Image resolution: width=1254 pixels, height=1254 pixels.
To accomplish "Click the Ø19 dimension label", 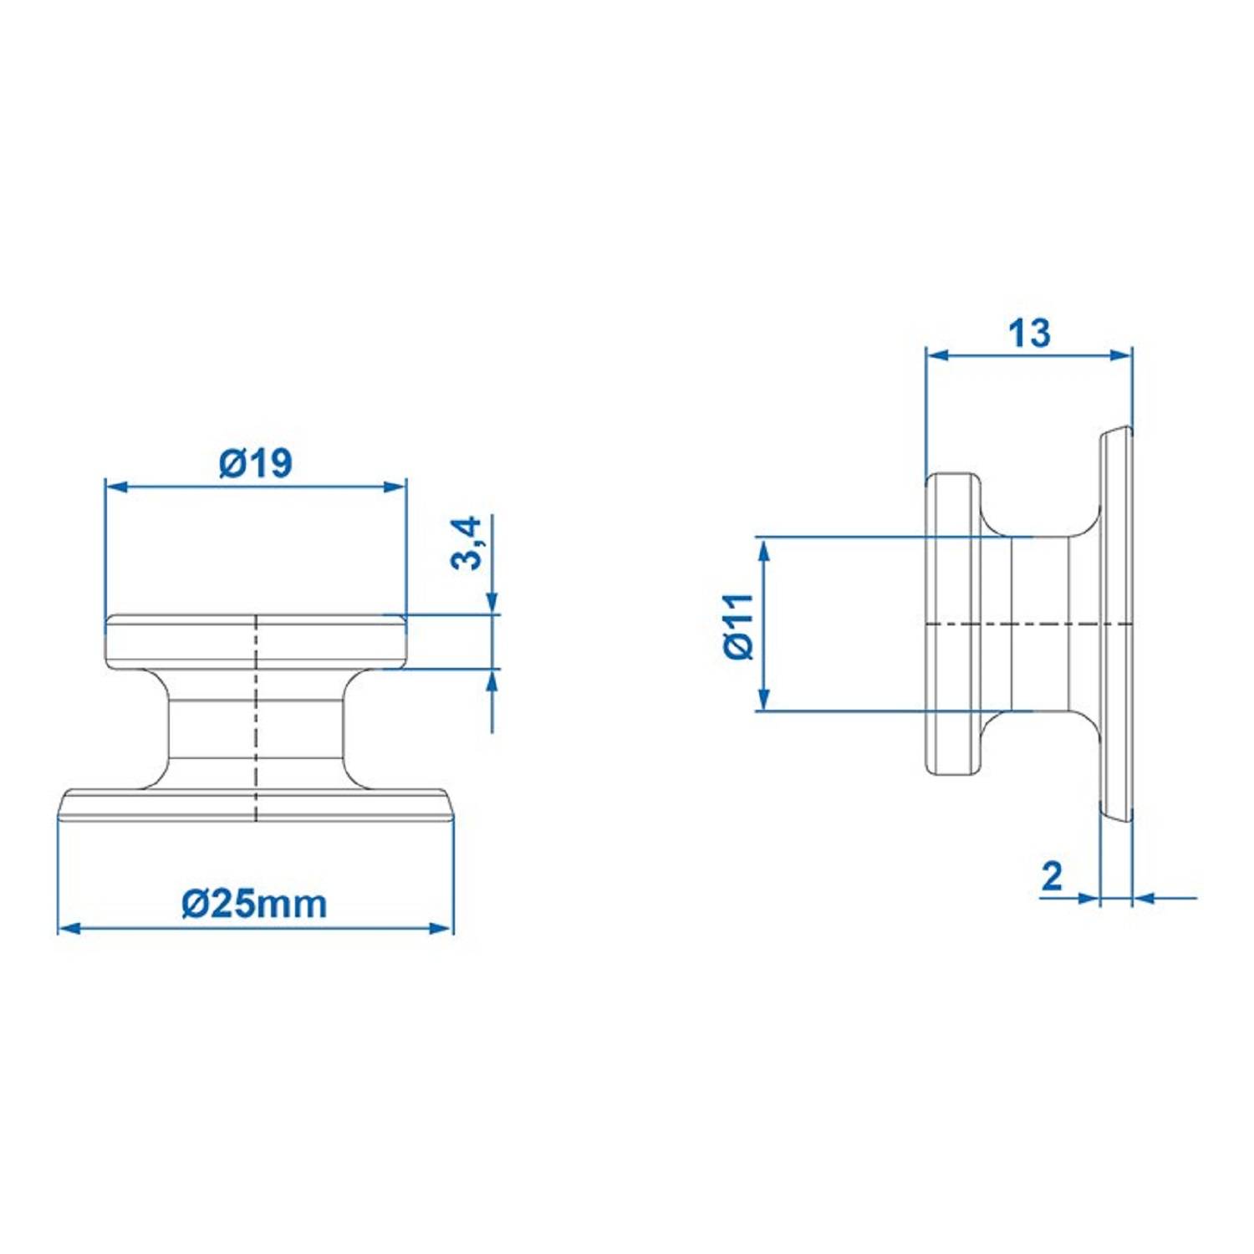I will [x=256, y=462].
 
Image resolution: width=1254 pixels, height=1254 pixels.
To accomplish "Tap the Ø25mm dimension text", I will [x=254, y=904].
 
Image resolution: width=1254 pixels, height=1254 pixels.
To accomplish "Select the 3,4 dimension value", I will [x=467, y=543].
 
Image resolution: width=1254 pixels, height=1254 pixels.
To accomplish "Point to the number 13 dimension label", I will [x=1028, y=333].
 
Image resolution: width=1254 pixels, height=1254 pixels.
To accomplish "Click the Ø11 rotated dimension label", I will [x=739, y=626].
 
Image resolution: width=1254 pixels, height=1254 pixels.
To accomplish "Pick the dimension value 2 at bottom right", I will [x=1052, y=875].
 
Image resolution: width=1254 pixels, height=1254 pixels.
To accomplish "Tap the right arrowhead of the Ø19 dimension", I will [x=396, y=487].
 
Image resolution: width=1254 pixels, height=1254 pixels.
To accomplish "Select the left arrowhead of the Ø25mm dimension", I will [x=69, y=928].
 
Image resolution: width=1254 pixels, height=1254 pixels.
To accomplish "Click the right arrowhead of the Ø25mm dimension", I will [x=442, y=928].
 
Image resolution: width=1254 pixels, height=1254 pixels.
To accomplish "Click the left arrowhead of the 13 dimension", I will [x=937, y=354].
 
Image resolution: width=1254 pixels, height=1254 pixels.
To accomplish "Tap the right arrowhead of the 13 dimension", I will [x=1121, y=354].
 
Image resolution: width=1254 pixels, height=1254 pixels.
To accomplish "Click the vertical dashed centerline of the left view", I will [x=256, y=719].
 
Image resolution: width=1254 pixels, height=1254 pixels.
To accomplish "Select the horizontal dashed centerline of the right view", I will [x=1028, y=624].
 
